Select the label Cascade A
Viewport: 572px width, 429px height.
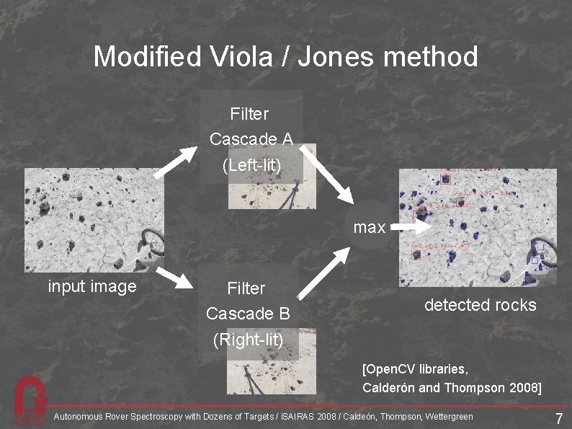coord(250,139)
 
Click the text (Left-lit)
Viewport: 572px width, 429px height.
coord(250,165)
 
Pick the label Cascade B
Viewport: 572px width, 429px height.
coord(247,314)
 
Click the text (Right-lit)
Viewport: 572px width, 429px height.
coord(247,339)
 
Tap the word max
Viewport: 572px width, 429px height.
coord(370,228)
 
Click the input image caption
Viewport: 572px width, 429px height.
coord(91,287)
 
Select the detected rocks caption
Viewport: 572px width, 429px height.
coord(480,305)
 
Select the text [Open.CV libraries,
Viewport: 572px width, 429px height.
coord(416,370)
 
